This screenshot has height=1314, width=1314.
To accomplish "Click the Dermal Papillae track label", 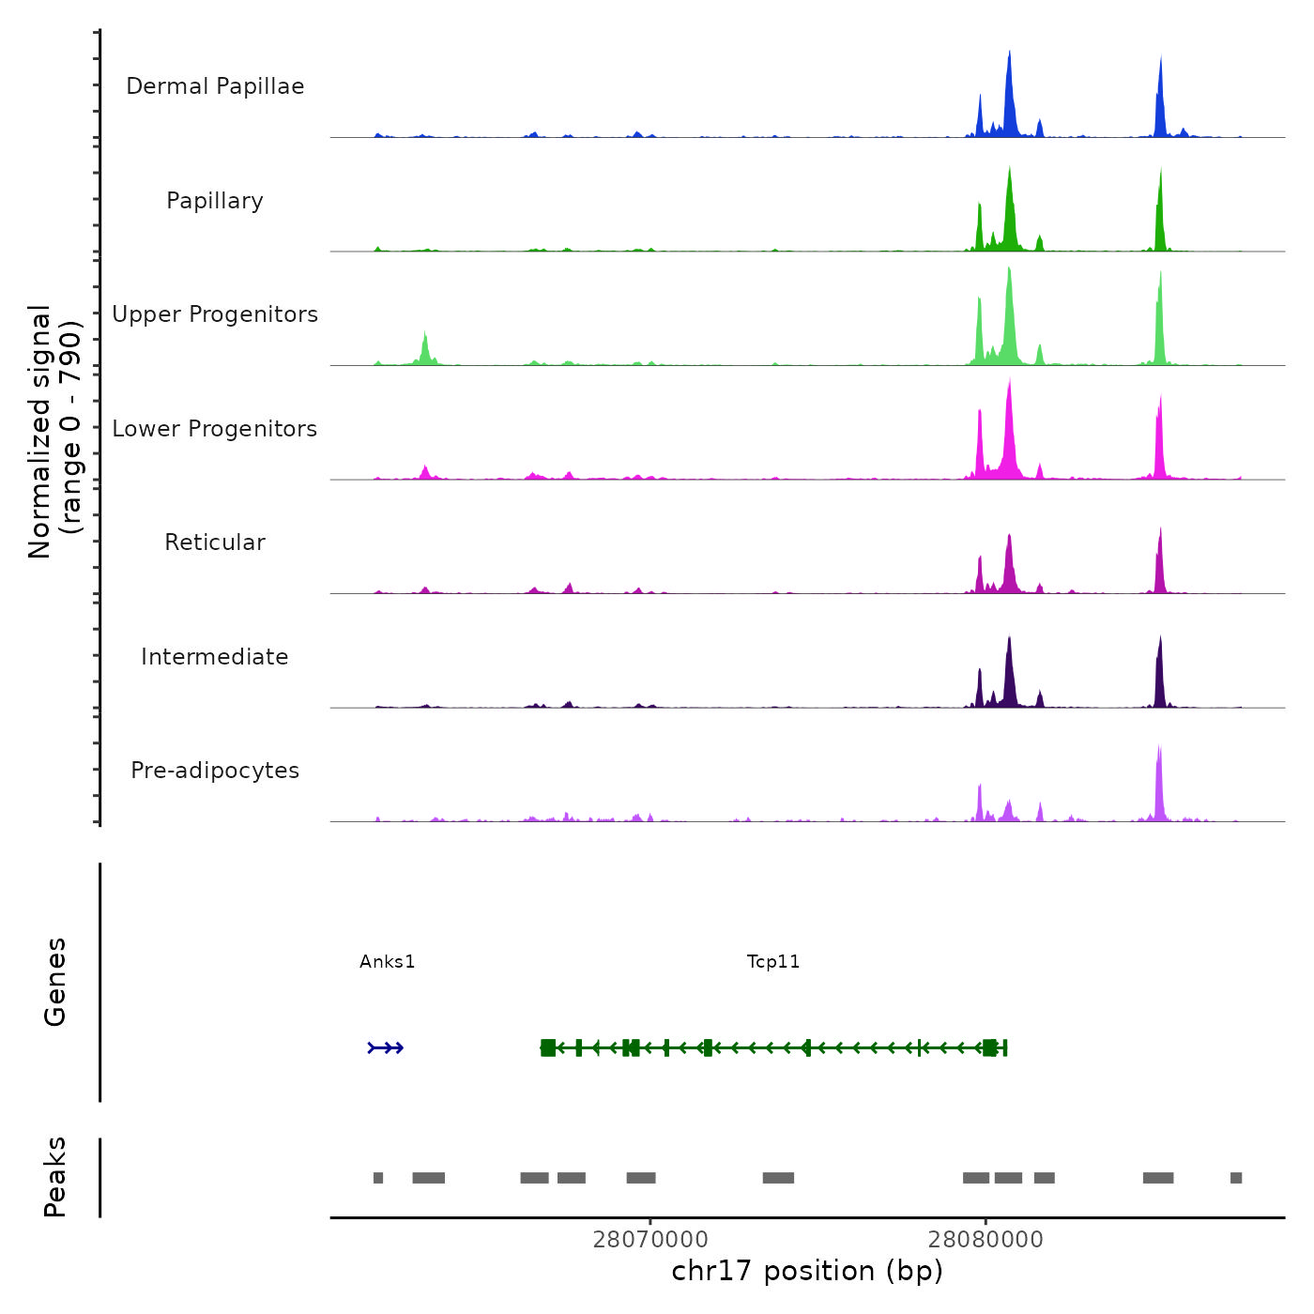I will (215, 86).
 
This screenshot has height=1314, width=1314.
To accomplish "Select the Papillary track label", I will (215, 201).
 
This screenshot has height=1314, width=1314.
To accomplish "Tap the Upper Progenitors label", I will (215, 314).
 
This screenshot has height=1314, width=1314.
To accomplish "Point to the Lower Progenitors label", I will (215, 429).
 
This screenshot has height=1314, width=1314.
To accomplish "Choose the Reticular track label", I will (215, 542).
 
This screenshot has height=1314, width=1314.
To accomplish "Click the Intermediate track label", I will (215, 657).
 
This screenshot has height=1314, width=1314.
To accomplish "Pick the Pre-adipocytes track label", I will (215, 771).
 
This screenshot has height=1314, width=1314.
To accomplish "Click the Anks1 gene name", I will (387, 961).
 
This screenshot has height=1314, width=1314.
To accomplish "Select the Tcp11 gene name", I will (773, 961).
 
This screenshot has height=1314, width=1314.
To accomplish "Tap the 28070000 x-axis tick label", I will (650, 1240).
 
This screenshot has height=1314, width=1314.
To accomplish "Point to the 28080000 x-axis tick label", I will (985, 1240).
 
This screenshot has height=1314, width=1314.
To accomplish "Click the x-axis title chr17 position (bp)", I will (807, 1271).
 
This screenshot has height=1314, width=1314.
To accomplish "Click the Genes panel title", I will (55, 982).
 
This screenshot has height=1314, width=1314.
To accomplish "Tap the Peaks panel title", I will (55, 1177).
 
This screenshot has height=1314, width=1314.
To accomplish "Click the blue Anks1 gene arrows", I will (386, 1047).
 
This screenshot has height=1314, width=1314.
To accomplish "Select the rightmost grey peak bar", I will (1236, 1178).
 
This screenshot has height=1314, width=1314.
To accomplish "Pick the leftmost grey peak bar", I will (378, 1178).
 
